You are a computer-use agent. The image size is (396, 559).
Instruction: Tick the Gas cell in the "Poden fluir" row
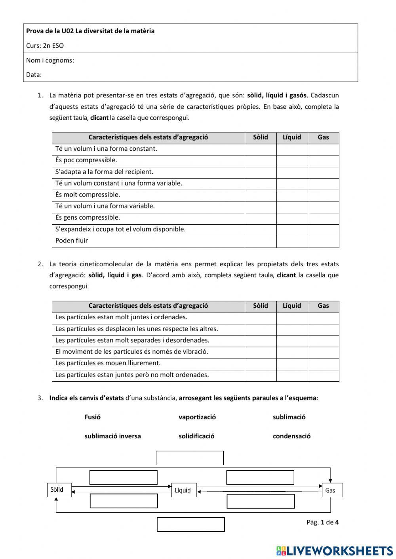(323, 241)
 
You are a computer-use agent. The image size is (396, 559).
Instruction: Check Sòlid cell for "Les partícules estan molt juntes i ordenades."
(260, 318)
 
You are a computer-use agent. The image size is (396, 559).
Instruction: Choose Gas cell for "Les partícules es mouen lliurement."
(323, 364)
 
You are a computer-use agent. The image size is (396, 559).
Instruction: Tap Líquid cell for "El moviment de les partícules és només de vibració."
(292, 352)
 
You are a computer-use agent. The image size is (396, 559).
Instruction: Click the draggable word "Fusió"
(93, 417)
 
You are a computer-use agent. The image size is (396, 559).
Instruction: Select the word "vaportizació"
(197, 417)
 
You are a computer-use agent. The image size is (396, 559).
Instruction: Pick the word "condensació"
(291, 436)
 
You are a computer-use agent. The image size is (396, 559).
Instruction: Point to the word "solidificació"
(196, 436)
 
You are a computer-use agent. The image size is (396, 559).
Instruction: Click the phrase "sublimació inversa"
(112, 436)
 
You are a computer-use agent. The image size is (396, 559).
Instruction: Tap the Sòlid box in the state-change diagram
(59, 490)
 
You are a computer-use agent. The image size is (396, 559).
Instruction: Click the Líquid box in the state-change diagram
(184, 490)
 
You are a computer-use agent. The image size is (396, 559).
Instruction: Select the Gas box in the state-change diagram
(332, 490)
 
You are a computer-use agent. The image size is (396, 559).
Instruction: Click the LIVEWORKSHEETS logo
(335, 551)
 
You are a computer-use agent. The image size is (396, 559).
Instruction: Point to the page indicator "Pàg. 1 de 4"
(322, 522)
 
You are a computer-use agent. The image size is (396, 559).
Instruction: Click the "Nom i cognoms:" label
(50, 60)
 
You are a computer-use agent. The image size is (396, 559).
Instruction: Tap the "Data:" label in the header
(34, 74)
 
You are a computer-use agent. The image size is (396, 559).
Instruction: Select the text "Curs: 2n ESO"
(45, 45)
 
